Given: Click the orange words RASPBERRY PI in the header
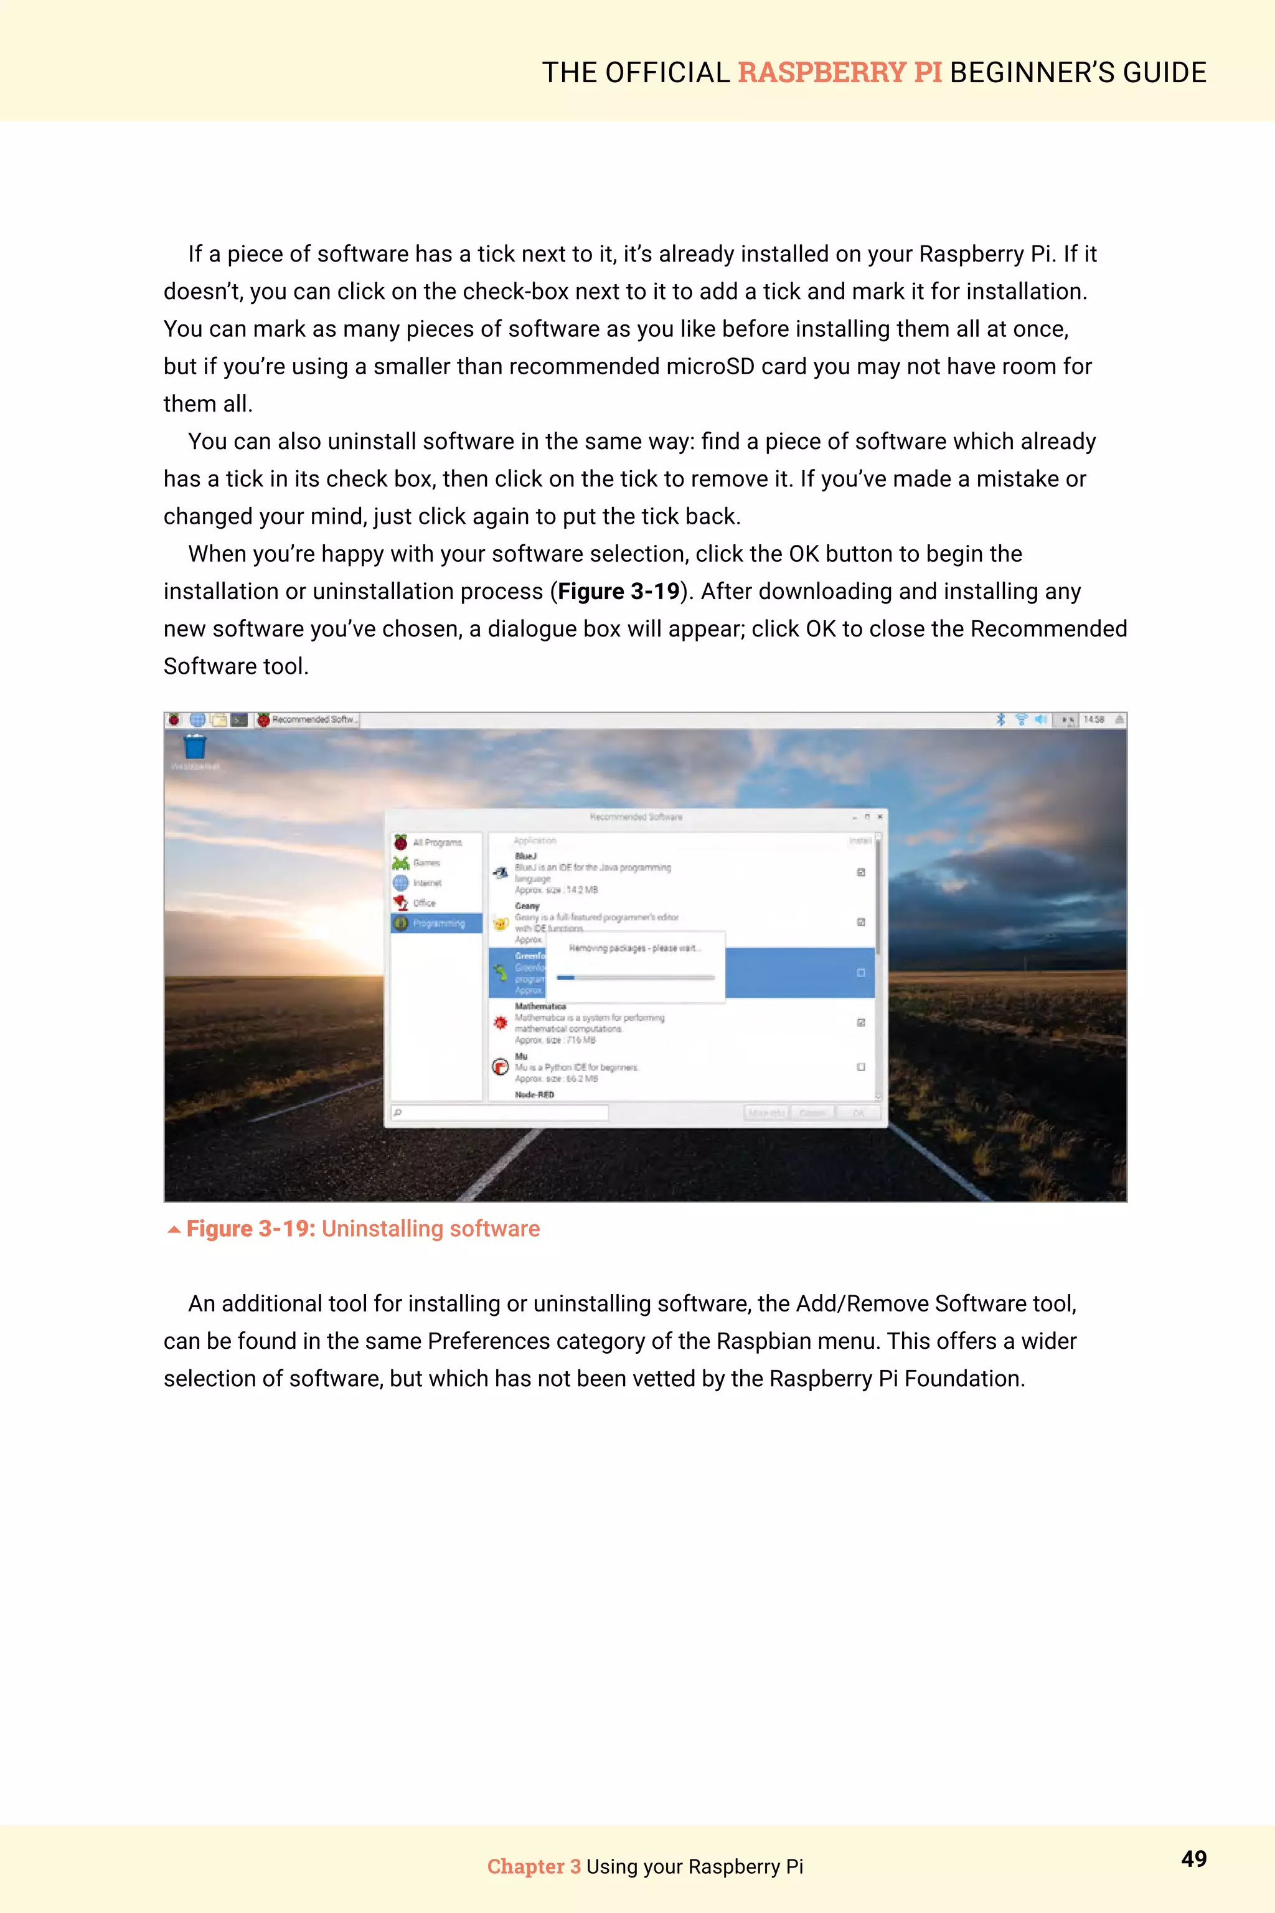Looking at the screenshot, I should click(x=839, y=72).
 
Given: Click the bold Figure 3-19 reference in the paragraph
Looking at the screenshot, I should click(x=618, y=592).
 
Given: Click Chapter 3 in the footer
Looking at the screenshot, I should click(x=534, y=1867).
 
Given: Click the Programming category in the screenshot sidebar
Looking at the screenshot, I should click(x=438, y=923).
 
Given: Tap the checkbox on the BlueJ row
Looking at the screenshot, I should click(x=860, y=872).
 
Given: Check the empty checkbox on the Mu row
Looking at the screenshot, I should click(x=860, y=1067).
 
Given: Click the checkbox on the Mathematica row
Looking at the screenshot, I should click(x=860, y=1023).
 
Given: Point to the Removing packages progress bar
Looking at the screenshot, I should click(x=635, y=978).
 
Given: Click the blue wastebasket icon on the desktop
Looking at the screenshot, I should click(x=194, y=746).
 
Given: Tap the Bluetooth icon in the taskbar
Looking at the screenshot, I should click(x=1000, y=720).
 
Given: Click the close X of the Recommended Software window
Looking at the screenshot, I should click(x=879, y=816).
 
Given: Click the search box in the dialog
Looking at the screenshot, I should click(x=500, y=1113).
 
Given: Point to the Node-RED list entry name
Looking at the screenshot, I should click(x=534, y=1095).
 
